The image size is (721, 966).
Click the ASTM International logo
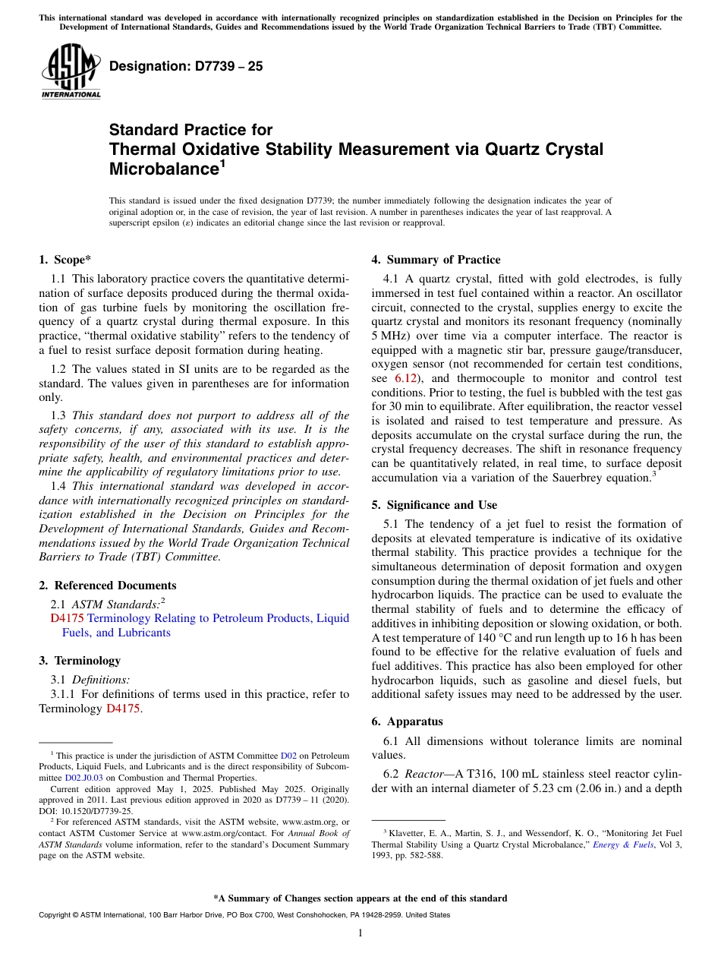click(x=71, y=71)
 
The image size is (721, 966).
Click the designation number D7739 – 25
click(x=186, y=66)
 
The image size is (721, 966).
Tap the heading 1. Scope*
click(x=65, y=259)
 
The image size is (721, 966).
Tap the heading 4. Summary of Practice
click(x=436, y=259)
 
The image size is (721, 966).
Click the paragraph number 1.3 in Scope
click(x=58, y=415)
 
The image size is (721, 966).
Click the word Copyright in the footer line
click(x=55, y=915)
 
